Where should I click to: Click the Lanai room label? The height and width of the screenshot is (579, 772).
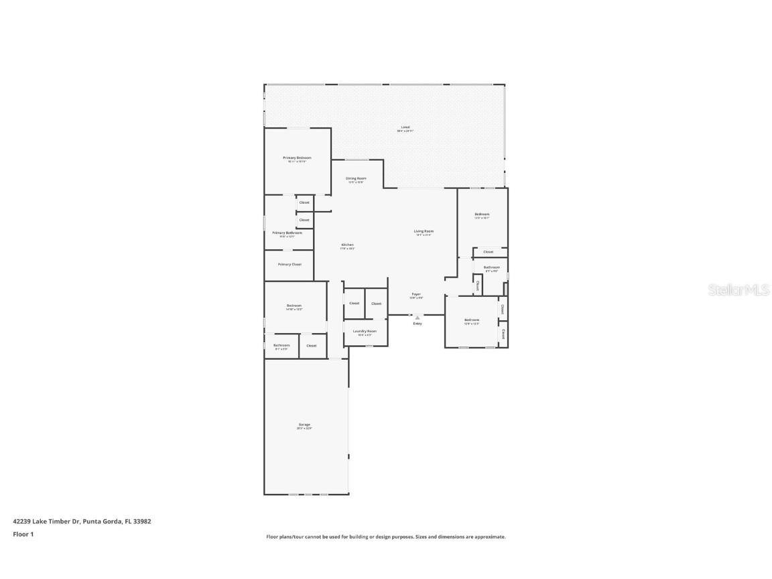405,127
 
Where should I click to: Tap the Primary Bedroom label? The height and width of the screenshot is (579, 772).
297,158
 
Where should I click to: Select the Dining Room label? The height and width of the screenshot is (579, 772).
356,179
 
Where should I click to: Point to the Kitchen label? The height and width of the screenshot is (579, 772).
347,245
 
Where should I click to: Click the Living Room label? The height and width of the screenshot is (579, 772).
423,232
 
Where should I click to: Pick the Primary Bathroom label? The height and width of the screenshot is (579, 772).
287,233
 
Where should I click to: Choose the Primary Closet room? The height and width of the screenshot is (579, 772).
289,265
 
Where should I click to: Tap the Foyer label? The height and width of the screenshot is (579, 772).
416,294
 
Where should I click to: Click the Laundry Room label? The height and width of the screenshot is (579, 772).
365,331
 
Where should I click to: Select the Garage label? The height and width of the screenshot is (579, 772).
304,425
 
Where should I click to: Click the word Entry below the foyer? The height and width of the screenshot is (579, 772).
417,324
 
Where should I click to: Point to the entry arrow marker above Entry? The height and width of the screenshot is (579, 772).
417,318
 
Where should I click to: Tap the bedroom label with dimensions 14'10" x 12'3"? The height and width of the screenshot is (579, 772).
294,306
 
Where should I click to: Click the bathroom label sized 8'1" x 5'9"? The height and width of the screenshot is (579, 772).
281,346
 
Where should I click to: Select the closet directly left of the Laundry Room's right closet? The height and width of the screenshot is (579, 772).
354,304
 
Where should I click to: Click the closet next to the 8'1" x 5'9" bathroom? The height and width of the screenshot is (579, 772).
311,346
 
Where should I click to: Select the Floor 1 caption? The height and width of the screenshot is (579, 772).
23,534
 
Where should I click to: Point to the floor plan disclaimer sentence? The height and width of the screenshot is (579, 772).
386,537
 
